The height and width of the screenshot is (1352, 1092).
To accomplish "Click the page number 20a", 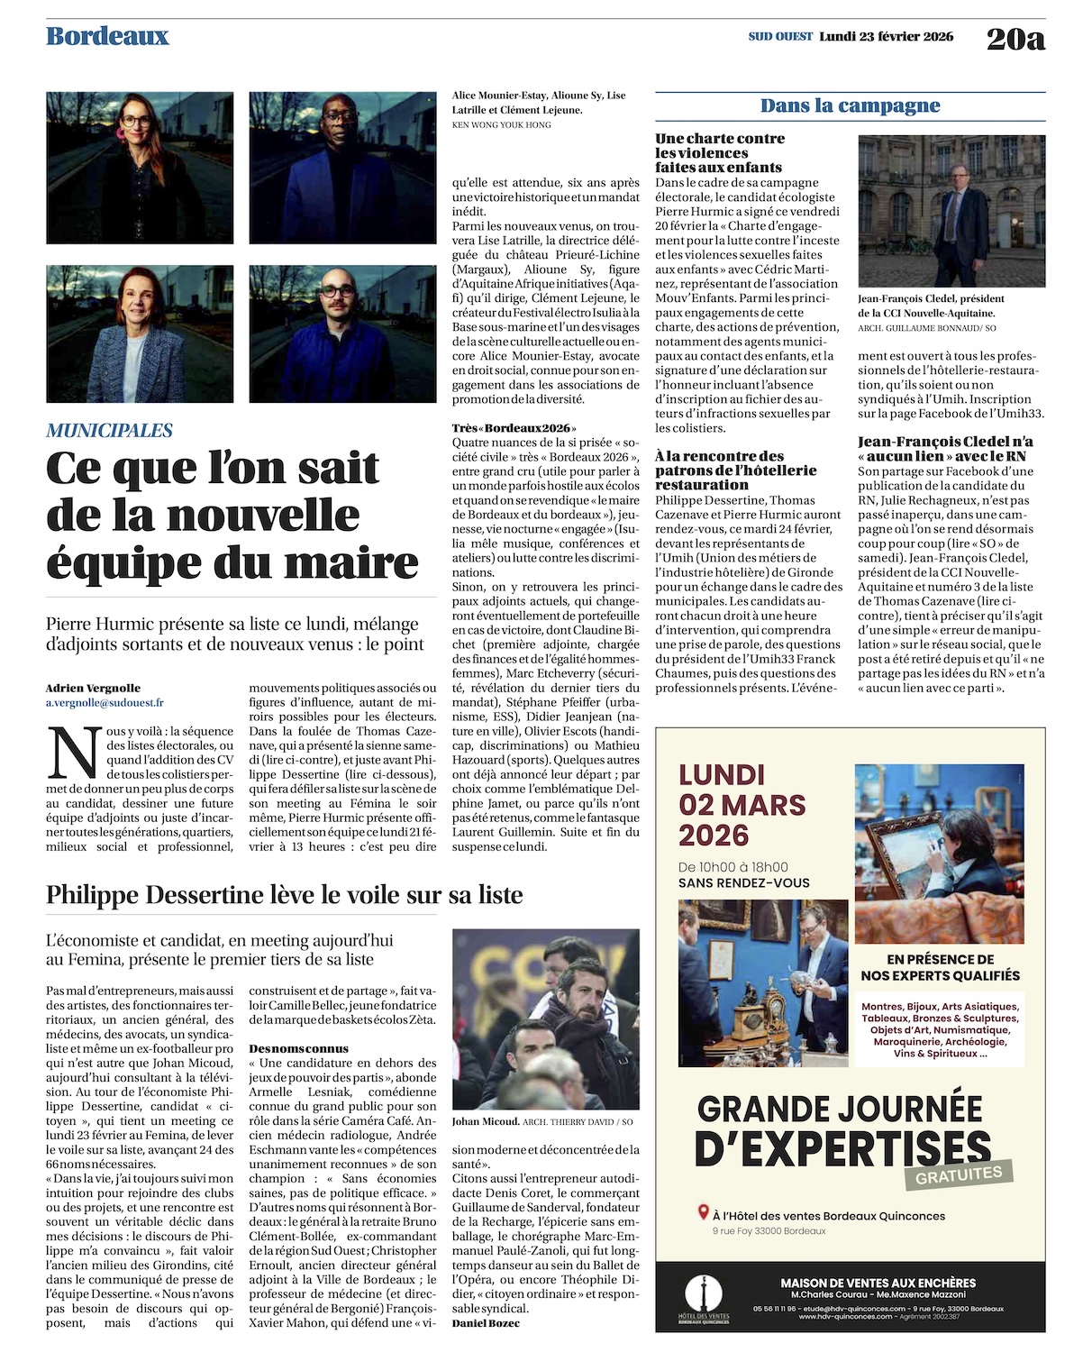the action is click(1015, 39).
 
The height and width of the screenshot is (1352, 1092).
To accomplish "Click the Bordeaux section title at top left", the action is click(107, 36).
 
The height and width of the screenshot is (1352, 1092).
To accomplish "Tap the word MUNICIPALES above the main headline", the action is click(109, 431).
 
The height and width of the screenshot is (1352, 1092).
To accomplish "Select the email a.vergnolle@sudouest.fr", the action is click(105, 703).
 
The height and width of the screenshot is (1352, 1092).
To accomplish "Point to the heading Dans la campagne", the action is click(850, 105).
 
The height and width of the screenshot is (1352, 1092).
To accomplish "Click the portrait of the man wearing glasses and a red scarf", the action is click(342, 168).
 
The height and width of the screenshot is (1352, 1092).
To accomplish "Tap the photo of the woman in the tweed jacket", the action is click(140, 333).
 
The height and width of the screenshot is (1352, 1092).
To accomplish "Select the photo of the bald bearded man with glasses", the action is click(342, 333).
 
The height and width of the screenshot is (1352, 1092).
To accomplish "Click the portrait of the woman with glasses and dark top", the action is click(140, 168).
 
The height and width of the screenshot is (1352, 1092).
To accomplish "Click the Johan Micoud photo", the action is click(546, 1019).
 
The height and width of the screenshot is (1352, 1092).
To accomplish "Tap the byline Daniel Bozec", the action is click(486, 1323).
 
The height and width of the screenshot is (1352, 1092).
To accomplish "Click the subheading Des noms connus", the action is click(298, 1049).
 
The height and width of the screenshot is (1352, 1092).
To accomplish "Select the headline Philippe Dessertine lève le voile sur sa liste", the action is click(285, 895).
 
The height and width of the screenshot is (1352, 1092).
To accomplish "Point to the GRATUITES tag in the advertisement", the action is click(959, 1174).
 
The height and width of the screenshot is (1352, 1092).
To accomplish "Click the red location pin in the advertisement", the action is click(704, 1213).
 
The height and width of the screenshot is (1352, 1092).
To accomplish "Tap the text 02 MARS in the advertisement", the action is click(742, 805).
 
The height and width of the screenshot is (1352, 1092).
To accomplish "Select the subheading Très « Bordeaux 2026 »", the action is click(514, 428).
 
